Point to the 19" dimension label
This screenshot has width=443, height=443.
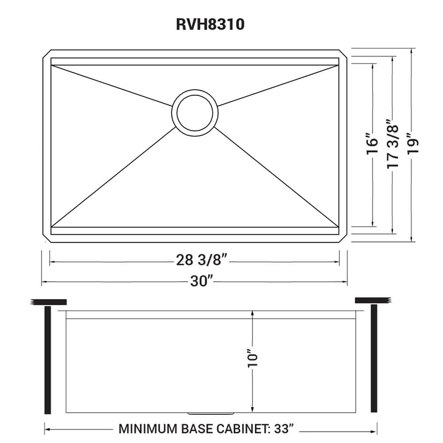[412, 144]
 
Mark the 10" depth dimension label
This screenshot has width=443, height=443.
[252, 359]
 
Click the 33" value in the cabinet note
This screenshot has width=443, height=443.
[284, 429]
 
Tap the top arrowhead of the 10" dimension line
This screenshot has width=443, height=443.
[252, 312]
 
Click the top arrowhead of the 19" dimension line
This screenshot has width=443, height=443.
[412, 51]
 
